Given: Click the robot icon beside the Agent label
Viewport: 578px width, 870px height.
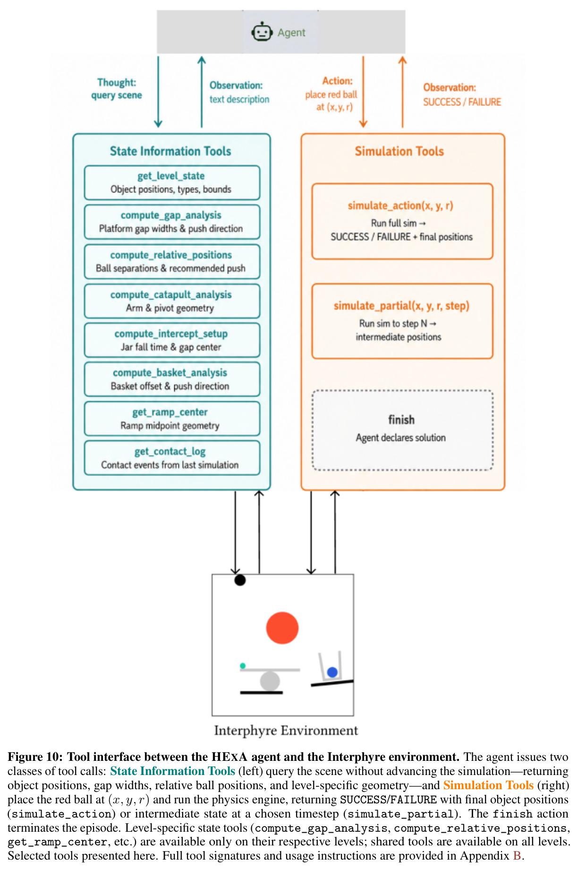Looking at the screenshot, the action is pyautogui.click(x=262, y=32).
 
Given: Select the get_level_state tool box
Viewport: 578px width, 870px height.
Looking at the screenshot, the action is pyautogui.click(x=172, y=182).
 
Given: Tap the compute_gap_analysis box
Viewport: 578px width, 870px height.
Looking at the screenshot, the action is pyautogui.click(x=172, y=222).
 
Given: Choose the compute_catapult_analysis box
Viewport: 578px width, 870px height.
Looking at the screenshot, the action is pyautogui.click(x=172, y=301).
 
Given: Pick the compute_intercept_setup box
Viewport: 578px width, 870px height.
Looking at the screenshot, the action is pyautogui.click(x=172, y=340).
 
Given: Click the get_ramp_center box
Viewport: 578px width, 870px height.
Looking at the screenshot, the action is pyautogui.click(x=172, y=419).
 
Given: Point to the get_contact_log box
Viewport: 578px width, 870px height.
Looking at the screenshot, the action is pyautogui.click(x=172, y=458).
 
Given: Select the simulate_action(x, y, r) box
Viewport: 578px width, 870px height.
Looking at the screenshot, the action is pyautogui.click(x=402, y=221).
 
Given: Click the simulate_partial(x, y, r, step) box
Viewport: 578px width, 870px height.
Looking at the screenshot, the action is pyautogui.click(x=402, y=321).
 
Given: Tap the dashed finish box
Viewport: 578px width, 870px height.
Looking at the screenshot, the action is pyautogui.click(x=402, y=430).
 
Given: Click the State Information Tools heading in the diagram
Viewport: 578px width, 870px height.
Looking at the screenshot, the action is pyautogui.click(x=170, y=151).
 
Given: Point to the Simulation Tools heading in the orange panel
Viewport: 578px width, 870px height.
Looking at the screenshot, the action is pyautogui.click(x=399, y=151).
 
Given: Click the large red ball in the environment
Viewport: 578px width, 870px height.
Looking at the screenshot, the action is pyautogui.click(x=282, y=628).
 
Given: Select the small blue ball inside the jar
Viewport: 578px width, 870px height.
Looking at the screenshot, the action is pyautogui.click(x=332, y=672).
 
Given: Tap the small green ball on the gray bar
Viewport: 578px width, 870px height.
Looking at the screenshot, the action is pyautogui.click(x=243, y=666).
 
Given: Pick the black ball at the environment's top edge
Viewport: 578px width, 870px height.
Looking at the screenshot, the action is pyautogui.click(x=240, y=580).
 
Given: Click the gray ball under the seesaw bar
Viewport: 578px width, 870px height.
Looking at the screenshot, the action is pyautogui.click(x=270, y=681).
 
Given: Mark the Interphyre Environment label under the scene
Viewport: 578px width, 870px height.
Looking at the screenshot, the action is pyautogui.click(x=286, y=731).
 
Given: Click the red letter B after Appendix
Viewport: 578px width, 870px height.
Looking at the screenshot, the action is pyautogui.click(x=516, y=856).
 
